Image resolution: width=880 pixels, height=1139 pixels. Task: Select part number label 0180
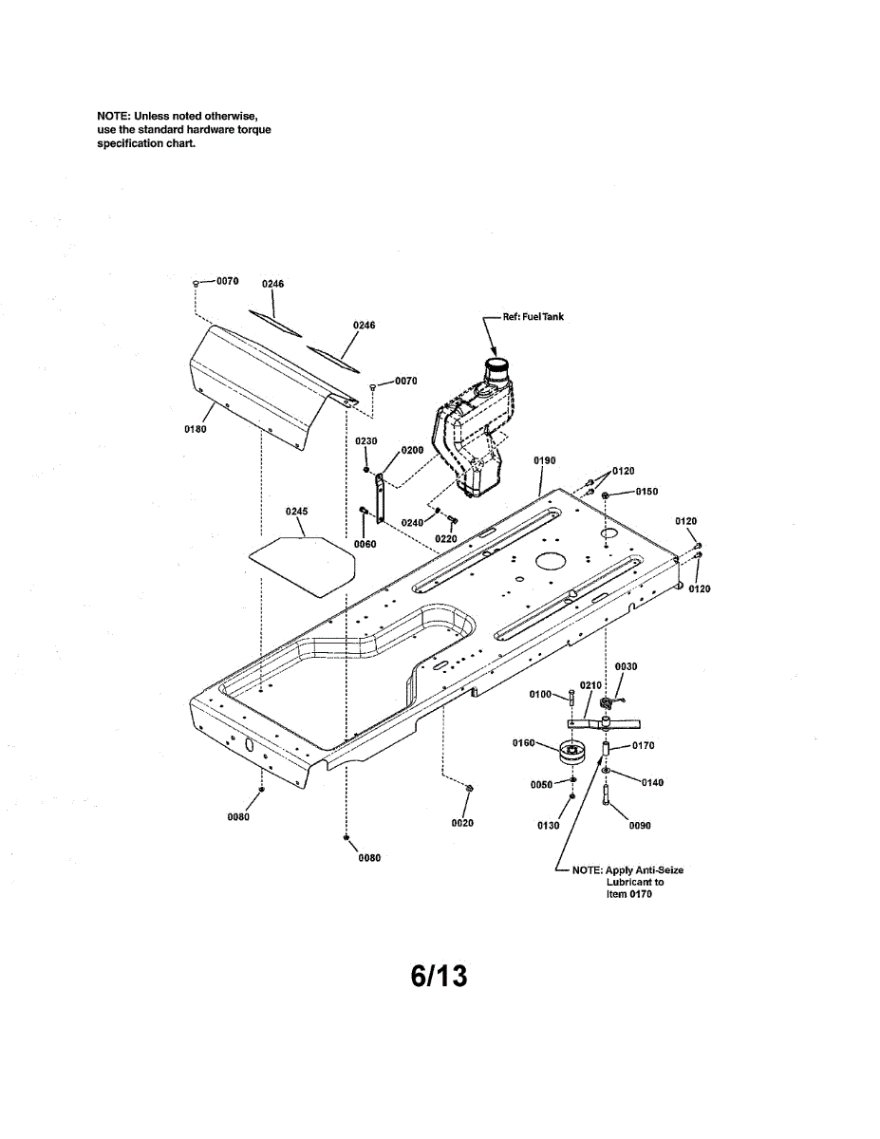coord(195,428)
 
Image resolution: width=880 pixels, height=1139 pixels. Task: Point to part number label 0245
coord(297,512)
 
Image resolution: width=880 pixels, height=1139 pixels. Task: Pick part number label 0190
coord(545,460)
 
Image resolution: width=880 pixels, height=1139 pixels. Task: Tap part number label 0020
coord(462,823)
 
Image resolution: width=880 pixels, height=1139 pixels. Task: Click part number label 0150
coord(646,492)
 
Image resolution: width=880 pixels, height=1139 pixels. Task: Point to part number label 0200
coord(412,450)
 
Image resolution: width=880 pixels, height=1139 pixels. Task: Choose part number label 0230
coord(366,441)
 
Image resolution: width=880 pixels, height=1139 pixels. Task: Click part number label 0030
coord(627,667)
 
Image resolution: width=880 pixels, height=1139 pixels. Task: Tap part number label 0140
coord(652,782)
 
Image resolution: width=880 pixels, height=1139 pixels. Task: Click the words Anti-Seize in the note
coord(658,870)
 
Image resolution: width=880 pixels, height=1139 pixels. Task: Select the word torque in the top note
coord(255,129)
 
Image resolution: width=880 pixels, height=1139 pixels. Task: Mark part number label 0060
coord(365,544)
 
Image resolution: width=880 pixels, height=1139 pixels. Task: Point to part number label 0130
coord(548,826)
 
